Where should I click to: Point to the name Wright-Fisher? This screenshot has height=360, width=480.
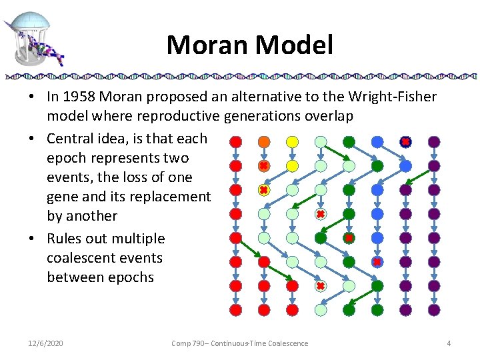tap(395, 97)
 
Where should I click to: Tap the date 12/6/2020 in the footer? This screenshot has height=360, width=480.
tap(46, 343)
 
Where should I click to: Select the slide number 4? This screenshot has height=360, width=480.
tap(449, 343)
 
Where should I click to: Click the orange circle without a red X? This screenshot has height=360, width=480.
tap(264, 141)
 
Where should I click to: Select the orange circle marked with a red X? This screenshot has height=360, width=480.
tap(264, 165)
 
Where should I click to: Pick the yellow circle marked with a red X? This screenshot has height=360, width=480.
tap(264, 190)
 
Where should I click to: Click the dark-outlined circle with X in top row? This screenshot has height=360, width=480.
tap(405, 141)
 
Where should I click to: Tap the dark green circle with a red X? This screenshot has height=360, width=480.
tap(349, 238)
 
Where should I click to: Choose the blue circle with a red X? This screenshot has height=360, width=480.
tap(377, 262)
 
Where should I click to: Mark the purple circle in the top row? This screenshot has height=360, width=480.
tap(434, 141)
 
